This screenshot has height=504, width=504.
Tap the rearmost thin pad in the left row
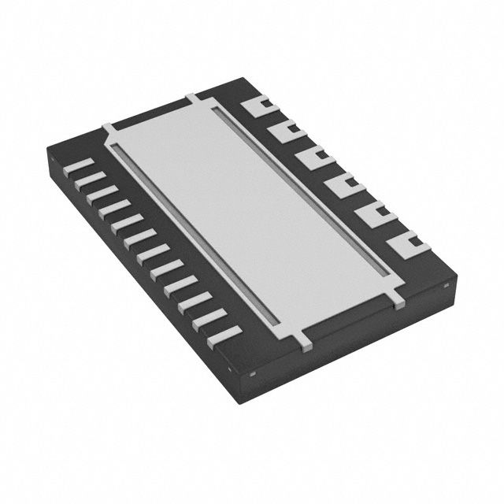tap(80, 165)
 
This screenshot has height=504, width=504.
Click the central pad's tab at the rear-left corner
tap(109, 126)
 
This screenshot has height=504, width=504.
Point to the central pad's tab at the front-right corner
tap(397, 298)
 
